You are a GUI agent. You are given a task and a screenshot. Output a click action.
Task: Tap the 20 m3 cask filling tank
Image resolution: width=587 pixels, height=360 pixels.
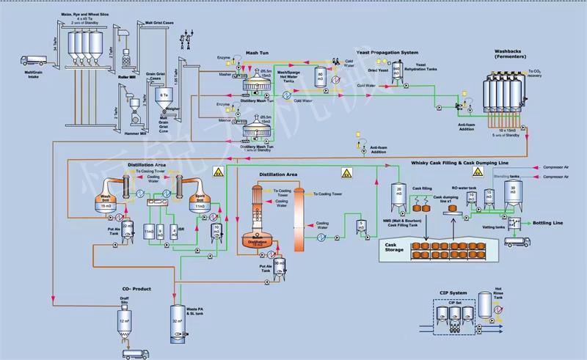tap(398, 194)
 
